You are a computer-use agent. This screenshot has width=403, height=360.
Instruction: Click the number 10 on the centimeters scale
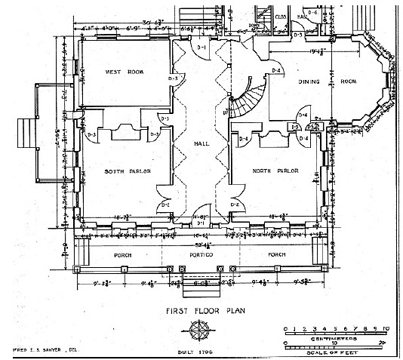click(x=386, y=328)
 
